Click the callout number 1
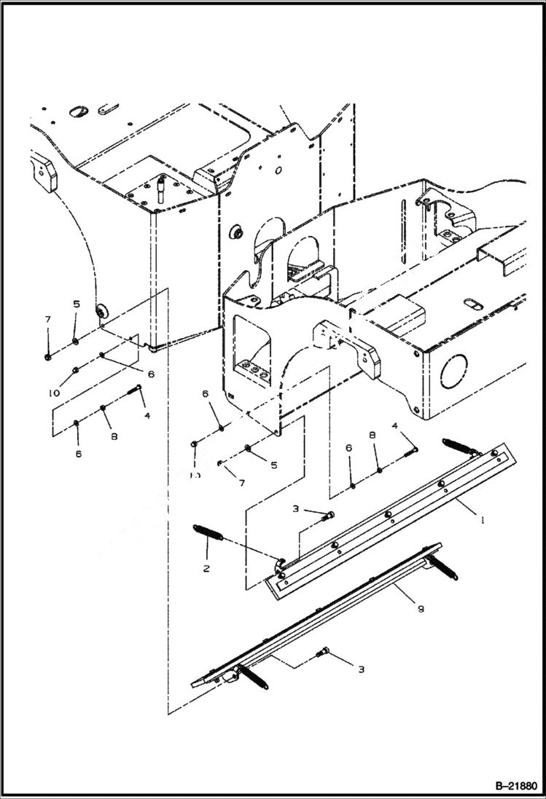(483, 521)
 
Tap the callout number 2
(207, 568)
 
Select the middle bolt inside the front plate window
(255, 371)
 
